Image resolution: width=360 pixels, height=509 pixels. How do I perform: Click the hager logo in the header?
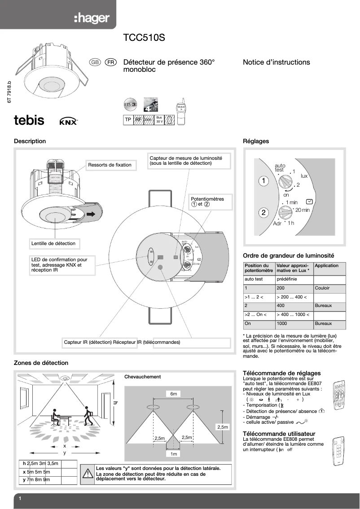click(92, 18)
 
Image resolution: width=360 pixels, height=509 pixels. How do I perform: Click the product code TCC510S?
click(144, 38)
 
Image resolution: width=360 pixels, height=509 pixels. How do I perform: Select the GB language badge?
click(95, 62)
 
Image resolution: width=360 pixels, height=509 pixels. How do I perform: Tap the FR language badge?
click(111, 62)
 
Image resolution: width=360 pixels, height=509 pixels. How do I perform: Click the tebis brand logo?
click(30, 120)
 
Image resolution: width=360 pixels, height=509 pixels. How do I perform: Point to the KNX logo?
click(69, 121)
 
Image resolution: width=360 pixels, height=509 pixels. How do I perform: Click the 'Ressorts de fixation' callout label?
click(110, 165)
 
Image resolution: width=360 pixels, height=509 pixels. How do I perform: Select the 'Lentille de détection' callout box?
click(53, 243)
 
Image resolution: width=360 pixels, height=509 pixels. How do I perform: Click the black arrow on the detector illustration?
click(92, 215)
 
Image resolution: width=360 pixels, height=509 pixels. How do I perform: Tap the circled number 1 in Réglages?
click(264, 181)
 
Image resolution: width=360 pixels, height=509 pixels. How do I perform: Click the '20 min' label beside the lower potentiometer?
click(303, 210)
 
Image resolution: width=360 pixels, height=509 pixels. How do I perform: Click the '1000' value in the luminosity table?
click(282, 323)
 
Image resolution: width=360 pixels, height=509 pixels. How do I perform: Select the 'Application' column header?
click(327, 266)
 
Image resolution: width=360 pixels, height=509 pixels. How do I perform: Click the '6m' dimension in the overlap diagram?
click(174, 394)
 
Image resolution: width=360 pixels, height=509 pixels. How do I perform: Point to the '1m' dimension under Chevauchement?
click(174, 454)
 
